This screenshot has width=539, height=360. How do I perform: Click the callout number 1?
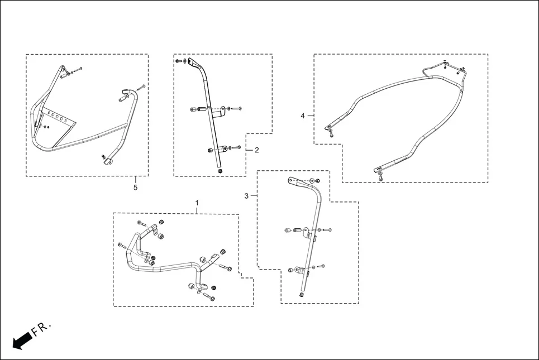coord(197,202)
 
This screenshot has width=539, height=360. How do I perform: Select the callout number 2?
coord(256,150)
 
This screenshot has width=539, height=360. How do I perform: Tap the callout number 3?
coord(246,196)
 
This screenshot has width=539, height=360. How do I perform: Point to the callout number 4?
coord(303,116)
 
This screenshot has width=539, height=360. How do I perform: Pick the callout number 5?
coord(135,188)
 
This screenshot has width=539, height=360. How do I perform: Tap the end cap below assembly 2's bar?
coord(220,171)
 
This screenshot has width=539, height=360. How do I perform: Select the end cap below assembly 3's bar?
coord(302,295)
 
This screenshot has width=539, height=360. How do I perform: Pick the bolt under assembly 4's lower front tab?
coord(380,177)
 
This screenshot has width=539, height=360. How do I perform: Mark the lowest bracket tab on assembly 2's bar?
coord(222,148)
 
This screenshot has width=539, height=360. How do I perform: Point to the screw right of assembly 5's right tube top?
coord(142,87)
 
